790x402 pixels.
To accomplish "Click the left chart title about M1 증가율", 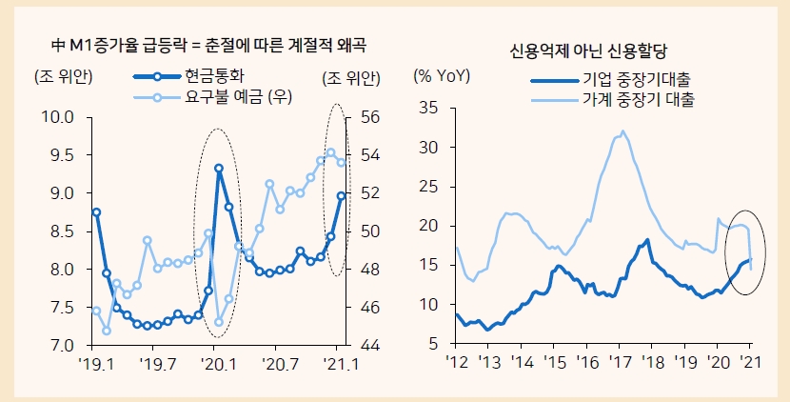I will [x=208, y=44].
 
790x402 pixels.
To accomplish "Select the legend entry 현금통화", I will [x=220, y=77].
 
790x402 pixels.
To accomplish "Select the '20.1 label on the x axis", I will [x=218, y=364].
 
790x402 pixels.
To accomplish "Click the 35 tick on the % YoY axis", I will [x=428, y=109].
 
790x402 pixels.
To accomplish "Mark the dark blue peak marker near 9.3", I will [x=219, y=169].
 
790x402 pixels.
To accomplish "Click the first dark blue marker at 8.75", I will [x=96, y=212].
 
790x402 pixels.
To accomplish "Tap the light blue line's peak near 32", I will [x=623, y=131].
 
